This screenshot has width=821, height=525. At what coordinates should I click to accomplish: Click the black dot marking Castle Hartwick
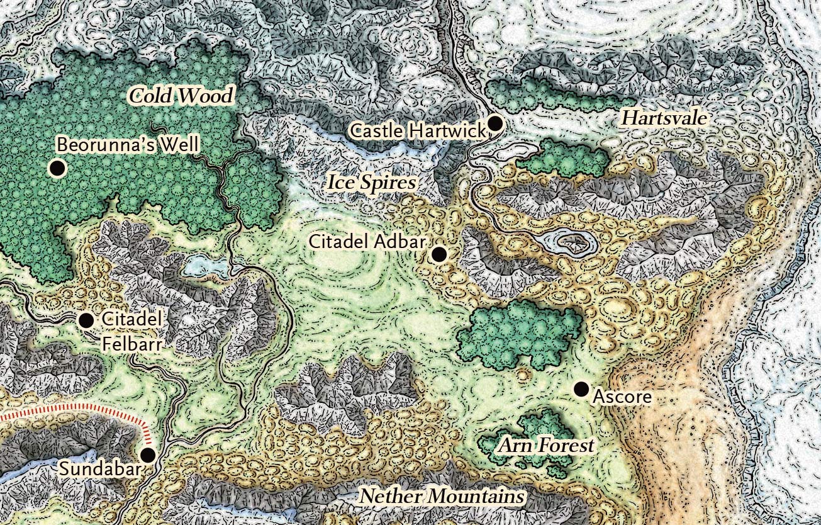coord(495,123)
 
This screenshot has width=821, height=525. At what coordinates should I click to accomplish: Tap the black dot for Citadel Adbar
coord(438,254)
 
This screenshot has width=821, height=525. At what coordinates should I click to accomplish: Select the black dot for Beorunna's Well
coord(58,168)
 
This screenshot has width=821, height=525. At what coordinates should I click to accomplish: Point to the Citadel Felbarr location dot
coord(86,320)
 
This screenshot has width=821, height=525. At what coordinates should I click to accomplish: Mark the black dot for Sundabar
coord(148,454)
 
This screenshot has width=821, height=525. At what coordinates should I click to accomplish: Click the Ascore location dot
coord(581,389)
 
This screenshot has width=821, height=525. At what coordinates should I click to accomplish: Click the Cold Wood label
coord(181,96)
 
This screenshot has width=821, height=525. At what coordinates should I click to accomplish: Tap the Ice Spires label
coord(372,183)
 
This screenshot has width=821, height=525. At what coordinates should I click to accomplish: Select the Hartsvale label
coord(664,118)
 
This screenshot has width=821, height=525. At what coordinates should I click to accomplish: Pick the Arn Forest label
coord(546,446)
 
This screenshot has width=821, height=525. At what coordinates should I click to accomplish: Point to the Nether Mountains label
coord(442,496)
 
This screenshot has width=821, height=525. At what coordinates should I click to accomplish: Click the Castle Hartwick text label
coord(418,131)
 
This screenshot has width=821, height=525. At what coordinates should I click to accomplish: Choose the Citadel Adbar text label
coord(368,242)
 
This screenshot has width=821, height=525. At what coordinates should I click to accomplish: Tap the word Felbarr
coord(132,344)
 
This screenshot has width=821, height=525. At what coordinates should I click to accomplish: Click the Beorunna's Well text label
coord(128,145)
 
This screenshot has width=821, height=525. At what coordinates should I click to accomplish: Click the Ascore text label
coord(622,397)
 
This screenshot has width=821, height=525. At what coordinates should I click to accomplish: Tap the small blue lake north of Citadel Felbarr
coord(204,267)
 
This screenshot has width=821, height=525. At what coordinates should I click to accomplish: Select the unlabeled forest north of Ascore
coord(519,334)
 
